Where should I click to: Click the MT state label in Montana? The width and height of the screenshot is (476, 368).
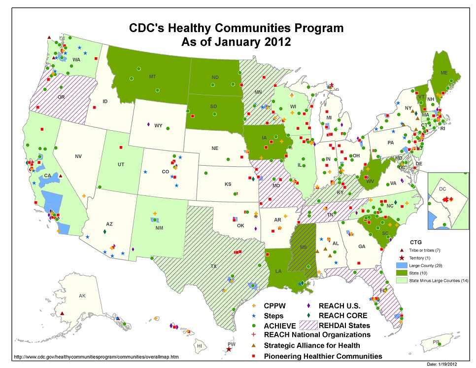tap(152, 77)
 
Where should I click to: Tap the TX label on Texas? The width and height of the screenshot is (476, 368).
tap(213, 266)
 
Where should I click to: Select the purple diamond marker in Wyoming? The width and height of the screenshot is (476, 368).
tap(148, 124)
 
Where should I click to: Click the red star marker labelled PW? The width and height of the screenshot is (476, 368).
tap(229, 349)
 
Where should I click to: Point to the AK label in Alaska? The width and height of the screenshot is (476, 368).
tap(82, 296)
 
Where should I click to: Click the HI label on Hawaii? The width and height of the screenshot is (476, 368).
tap(199, 346)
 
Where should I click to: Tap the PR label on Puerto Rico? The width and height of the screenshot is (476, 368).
tap(436, 342)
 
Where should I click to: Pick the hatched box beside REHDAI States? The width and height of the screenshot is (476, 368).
tap(306, 325)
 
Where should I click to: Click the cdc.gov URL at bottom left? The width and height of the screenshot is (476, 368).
tap(96, 356)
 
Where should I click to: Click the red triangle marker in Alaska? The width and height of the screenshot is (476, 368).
tap(62, 313)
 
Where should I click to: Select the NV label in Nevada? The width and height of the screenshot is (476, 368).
tap(78, 156)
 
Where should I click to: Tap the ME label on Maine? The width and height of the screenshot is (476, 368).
tap(444, 73)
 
